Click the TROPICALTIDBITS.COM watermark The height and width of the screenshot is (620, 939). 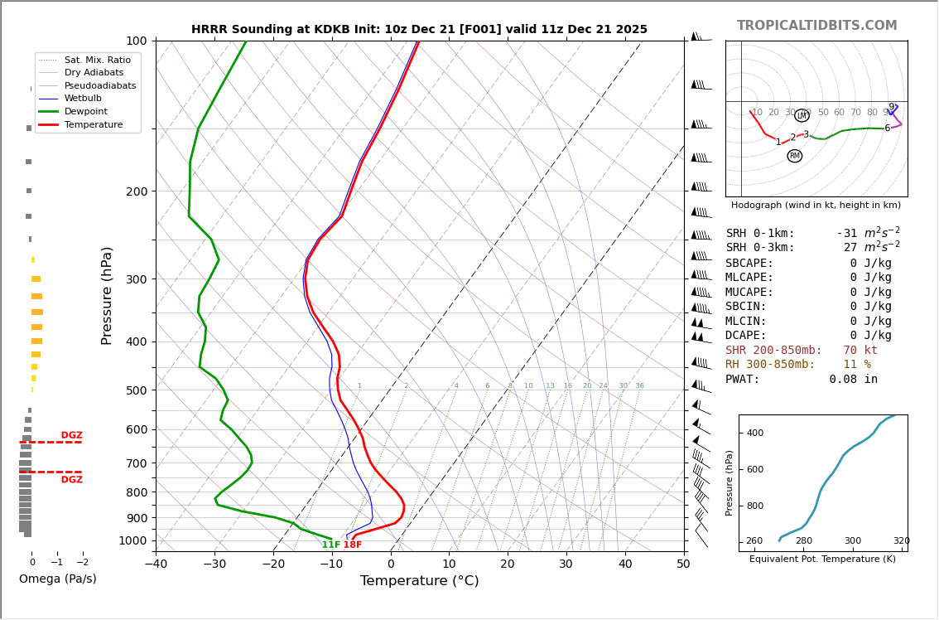tap(816, 26)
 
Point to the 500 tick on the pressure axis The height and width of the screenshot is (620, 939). tap(136, 390)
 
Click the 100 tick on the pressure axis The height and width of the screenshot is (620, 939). tap(136, 41)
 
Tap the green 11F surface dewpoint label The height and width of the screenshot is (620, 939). tap(330, 545)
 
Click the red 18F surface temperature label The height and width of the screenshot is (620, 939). tap(353, 545)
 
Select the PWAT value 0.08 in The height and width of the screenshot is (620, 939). tap(853, 380)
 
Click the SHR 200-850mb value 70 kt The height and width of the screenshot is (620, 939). tap(860, 351)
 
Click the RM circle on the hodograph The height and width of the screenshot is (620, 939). tap(795, 156)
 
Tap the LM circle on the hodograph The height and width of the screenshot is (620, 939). tap(802, 116)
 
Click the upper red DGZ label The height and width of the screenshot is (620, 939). tap(71, 435)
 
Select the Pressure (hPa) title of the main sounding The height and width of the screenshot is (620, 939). tap(107, 295)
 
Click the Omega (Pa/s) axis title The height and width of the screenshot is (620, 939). tap(57, 579)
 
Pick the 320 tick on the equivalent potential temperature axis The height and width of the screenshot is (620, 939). tap(901, 541)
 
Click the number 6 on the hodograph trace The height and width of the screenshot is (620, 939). tap(887, 128)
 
